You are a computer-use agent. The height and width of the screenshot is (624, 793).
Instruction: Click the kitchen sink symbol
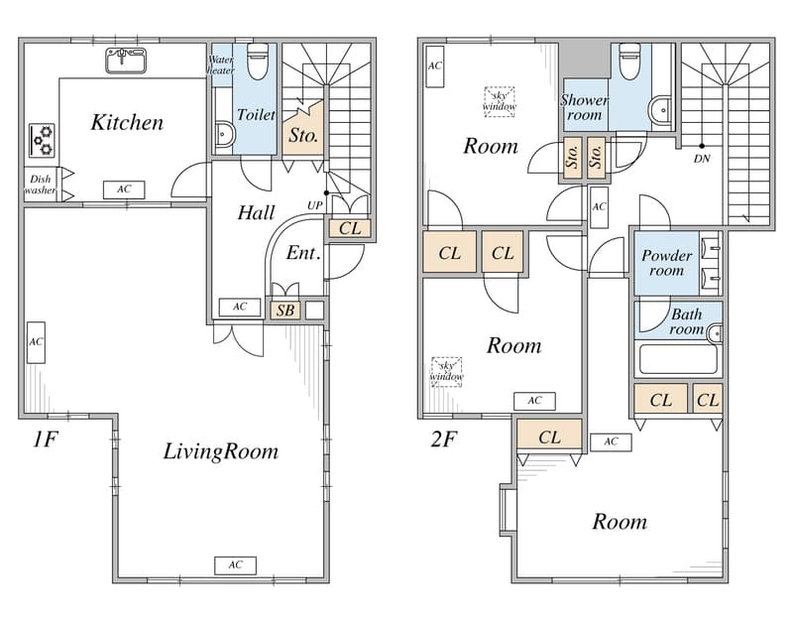[x=126, y=61]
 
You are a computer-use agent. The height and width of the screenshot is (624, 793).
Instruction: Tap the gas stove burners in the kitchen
[x=42, y=140]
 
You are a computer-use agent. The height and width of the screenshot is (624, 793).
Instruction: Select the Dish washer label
[x=40, y=185]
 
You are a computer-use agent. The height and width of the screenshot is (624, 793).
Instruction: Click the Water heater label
[x=220, y=64]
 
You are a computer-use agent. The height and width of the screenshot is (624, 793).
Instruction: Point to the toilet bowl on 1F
[x=258, y=62]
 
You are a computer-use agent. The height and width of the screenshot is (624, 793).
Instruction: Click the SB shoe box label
[x=285, y=310]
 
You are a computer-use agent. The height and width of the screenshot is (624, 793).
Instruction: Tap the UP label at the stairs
[x=314, y=205]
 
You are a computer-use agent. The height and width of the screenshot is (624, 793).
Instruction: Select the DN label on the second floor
[x=702, y=159]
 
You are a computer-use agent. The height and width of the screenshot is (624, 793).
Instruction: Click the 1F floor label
[x=46, y=439]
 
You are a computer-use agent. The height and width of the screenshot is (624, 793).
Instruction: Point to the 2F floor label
[x=443, y=439]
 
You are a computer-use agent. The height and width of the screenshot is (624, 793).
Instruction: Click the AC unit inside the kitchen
[x=124, y=189]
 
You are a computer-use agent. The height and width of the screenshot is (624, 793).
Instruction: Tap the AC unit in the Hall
[x=240, y=307]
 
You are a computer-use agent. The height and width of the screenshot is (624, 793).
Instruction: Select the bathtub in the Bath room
[x=678, y=359]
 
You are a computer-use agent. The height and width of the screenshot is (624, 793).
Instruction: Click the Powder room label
[x=666, y=263]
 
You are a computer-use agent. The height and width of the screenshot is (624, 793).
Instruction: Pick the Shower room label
[x=584, y=107]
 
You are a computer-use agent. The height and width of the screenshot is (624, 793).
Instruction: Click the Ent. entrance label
[x=303, y=253]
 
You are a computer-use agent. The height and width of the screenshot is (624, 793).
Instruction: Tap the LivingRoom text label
[x=220, y=451]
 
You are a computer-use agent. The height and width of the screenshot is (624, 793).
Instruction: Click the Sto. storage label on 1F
[x=303, y=135]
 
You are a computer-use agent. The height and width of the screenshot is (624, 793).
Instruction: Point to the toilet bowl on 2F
[x=630, y=62]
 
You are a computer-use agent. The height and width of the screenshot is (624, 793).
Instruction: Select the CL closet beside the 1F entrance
[x=350, y=228]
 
